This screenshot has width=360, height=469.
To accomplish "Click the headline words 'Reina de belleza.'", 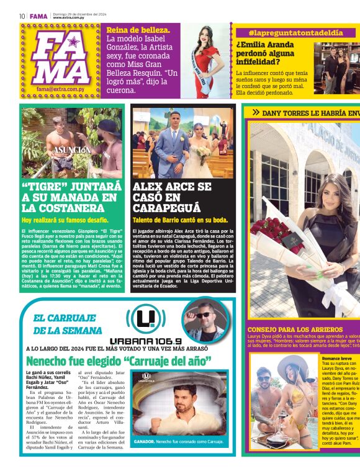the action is point(138,30).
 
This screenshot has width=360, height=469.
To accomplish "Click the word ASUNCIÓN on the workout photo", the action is point(71,150).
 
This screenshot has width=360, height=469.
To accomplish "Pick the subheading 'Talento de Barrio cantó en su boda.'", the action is point(181,220).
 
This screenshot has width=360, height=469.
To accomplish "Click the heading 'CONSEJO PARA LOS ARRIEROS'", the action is point(295,329).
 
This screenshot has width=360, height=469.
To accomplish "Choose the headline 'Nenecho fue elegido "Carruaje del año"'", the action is point(119,360).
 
